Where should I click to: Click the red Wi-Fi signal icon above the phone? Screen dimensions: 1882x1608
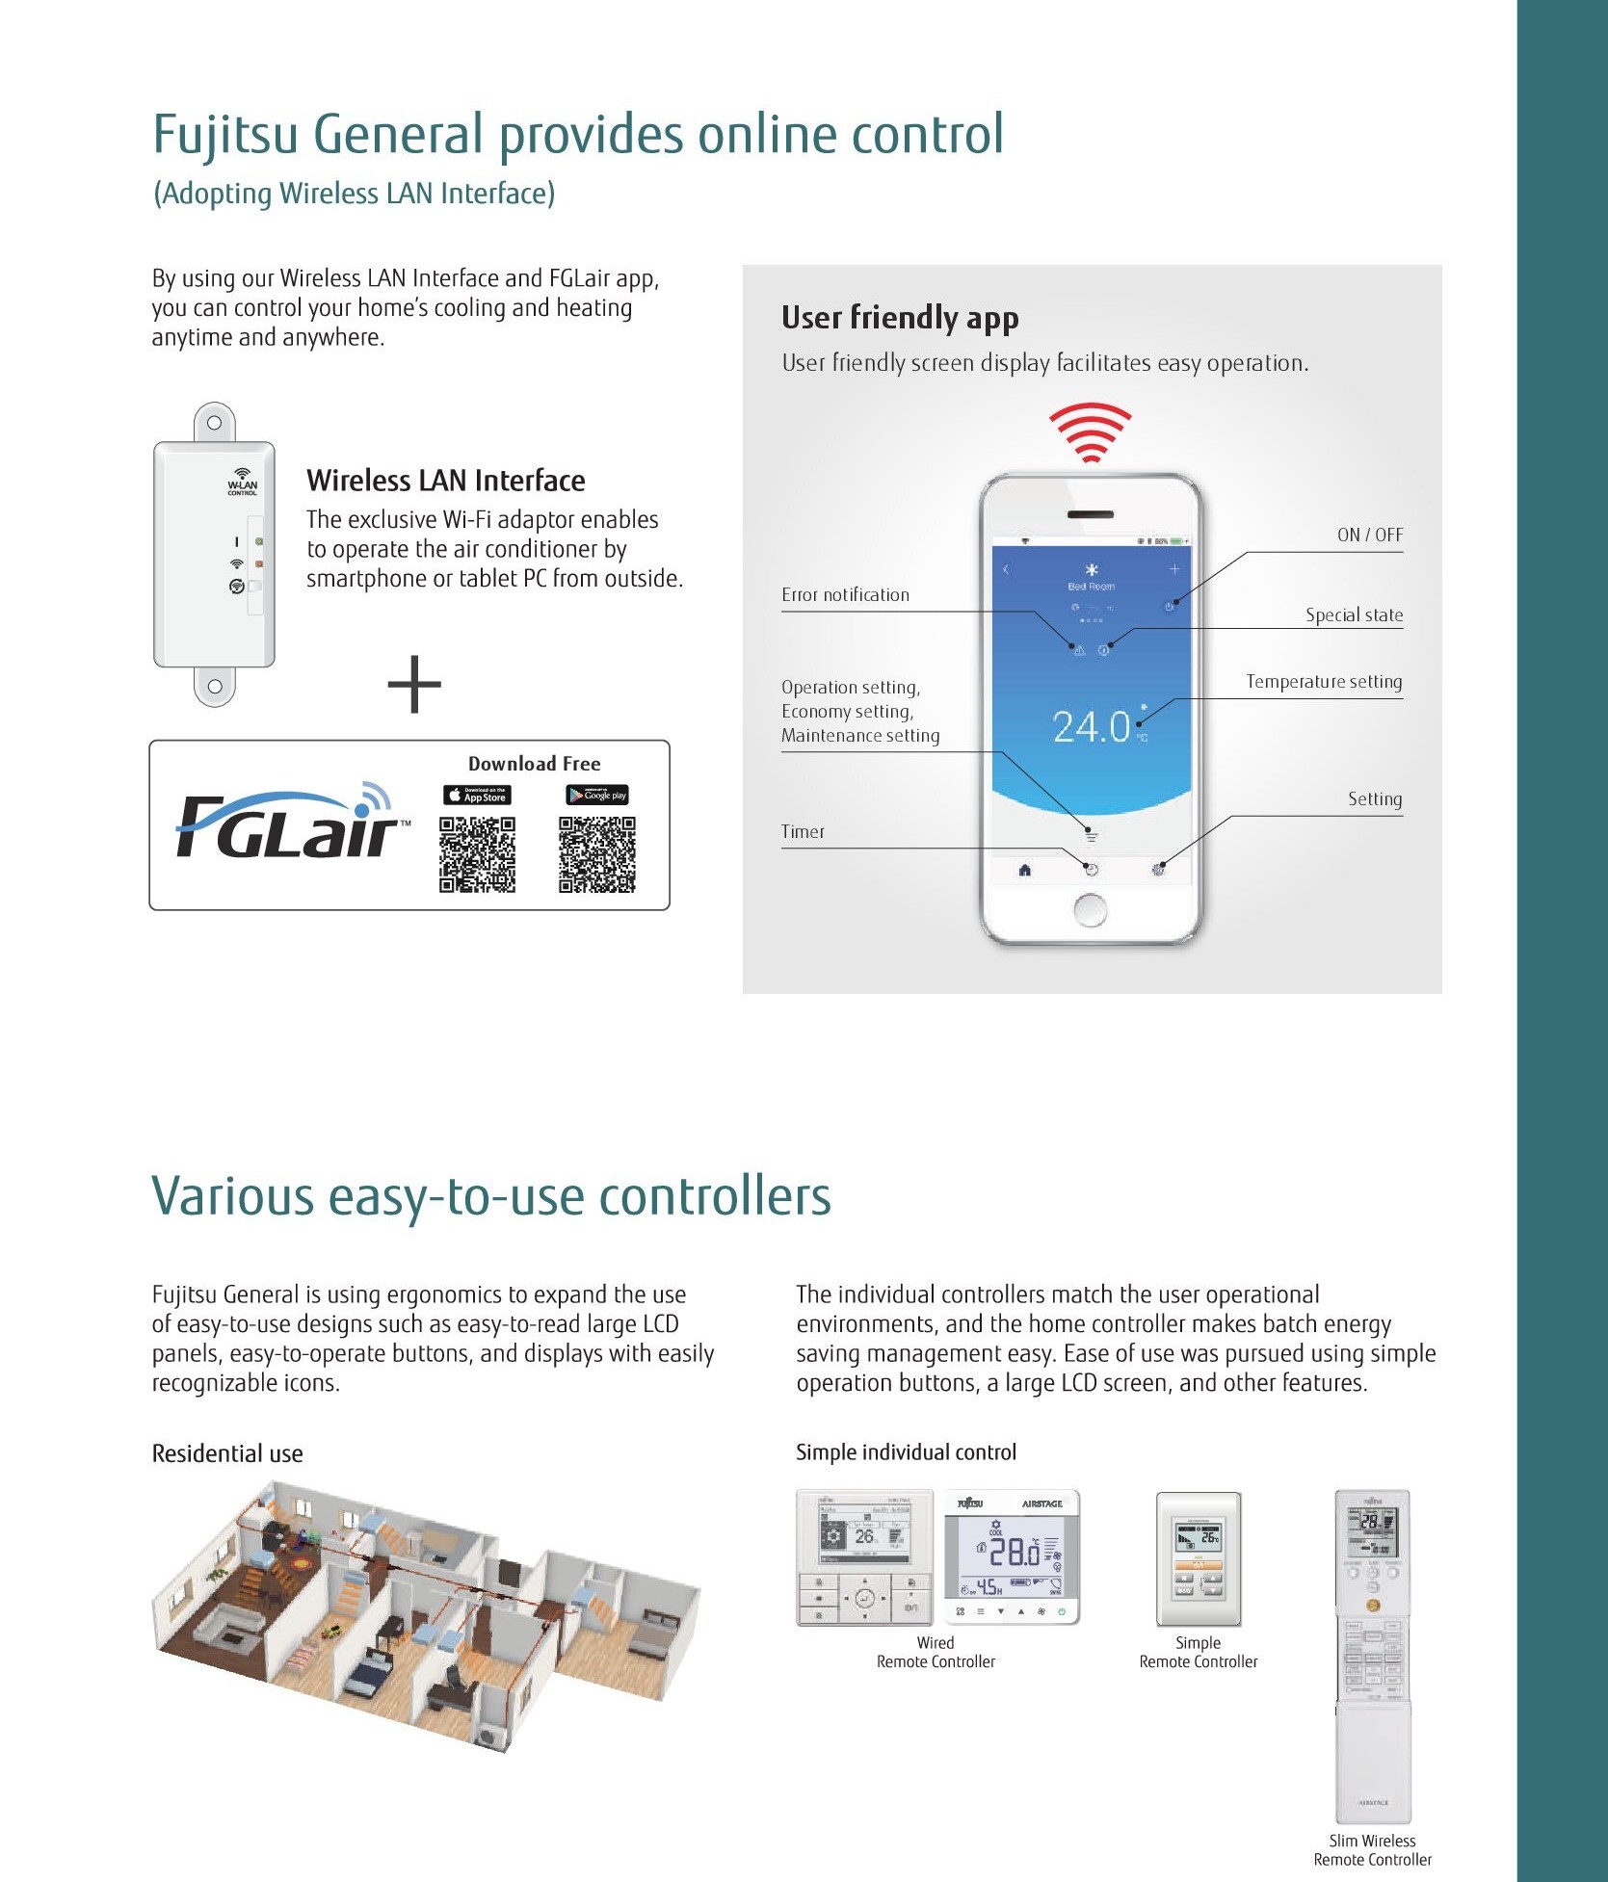(1090, 432)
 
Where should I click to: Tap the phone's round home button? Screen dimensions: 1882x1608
(1090, 909)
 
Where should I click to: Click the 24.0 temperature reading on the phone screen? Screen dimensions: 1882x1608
(1091, 727)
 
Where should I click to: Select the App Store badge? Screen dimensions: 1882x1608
(477, 796)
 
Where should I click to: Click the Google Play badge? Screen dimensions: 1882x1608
(597, 795)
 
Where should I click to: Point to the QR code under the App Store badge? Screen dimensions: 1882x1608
(477, 854)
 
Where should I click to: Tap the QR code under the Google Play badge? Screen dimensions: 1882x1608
(597, 854)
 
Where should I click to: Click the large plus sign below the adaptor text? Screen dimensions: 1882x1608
(414, 685)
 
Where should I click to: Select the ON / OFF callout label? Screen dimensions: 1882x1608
(1369, 536)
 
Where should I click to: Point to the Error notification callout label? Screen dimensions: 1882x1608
(845, 595)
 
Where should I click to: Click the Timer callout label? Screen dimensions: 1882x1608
(803, 832)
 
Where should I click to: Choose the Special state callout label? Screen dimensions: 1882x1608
(1354, 615)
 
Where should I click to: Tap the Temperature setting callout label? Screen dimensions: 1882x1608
(1324, 682)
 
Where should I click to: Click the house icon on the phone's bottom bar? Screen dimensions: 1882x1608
(1024, 871)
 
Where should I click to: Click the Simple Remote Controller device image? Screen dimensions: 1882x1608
(1199, 1559)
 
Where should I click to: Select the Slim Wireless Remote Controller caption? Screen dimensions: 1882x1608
(1372, 1850)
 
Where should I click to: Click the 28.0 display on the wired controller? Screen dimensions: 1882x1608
(1015, 1552)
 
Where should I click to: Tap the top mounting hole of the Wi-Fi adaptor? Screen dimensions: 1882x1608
(215, 423)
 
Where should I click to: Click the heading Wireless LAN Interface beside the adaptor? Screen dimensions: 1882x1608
(445, 481)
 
